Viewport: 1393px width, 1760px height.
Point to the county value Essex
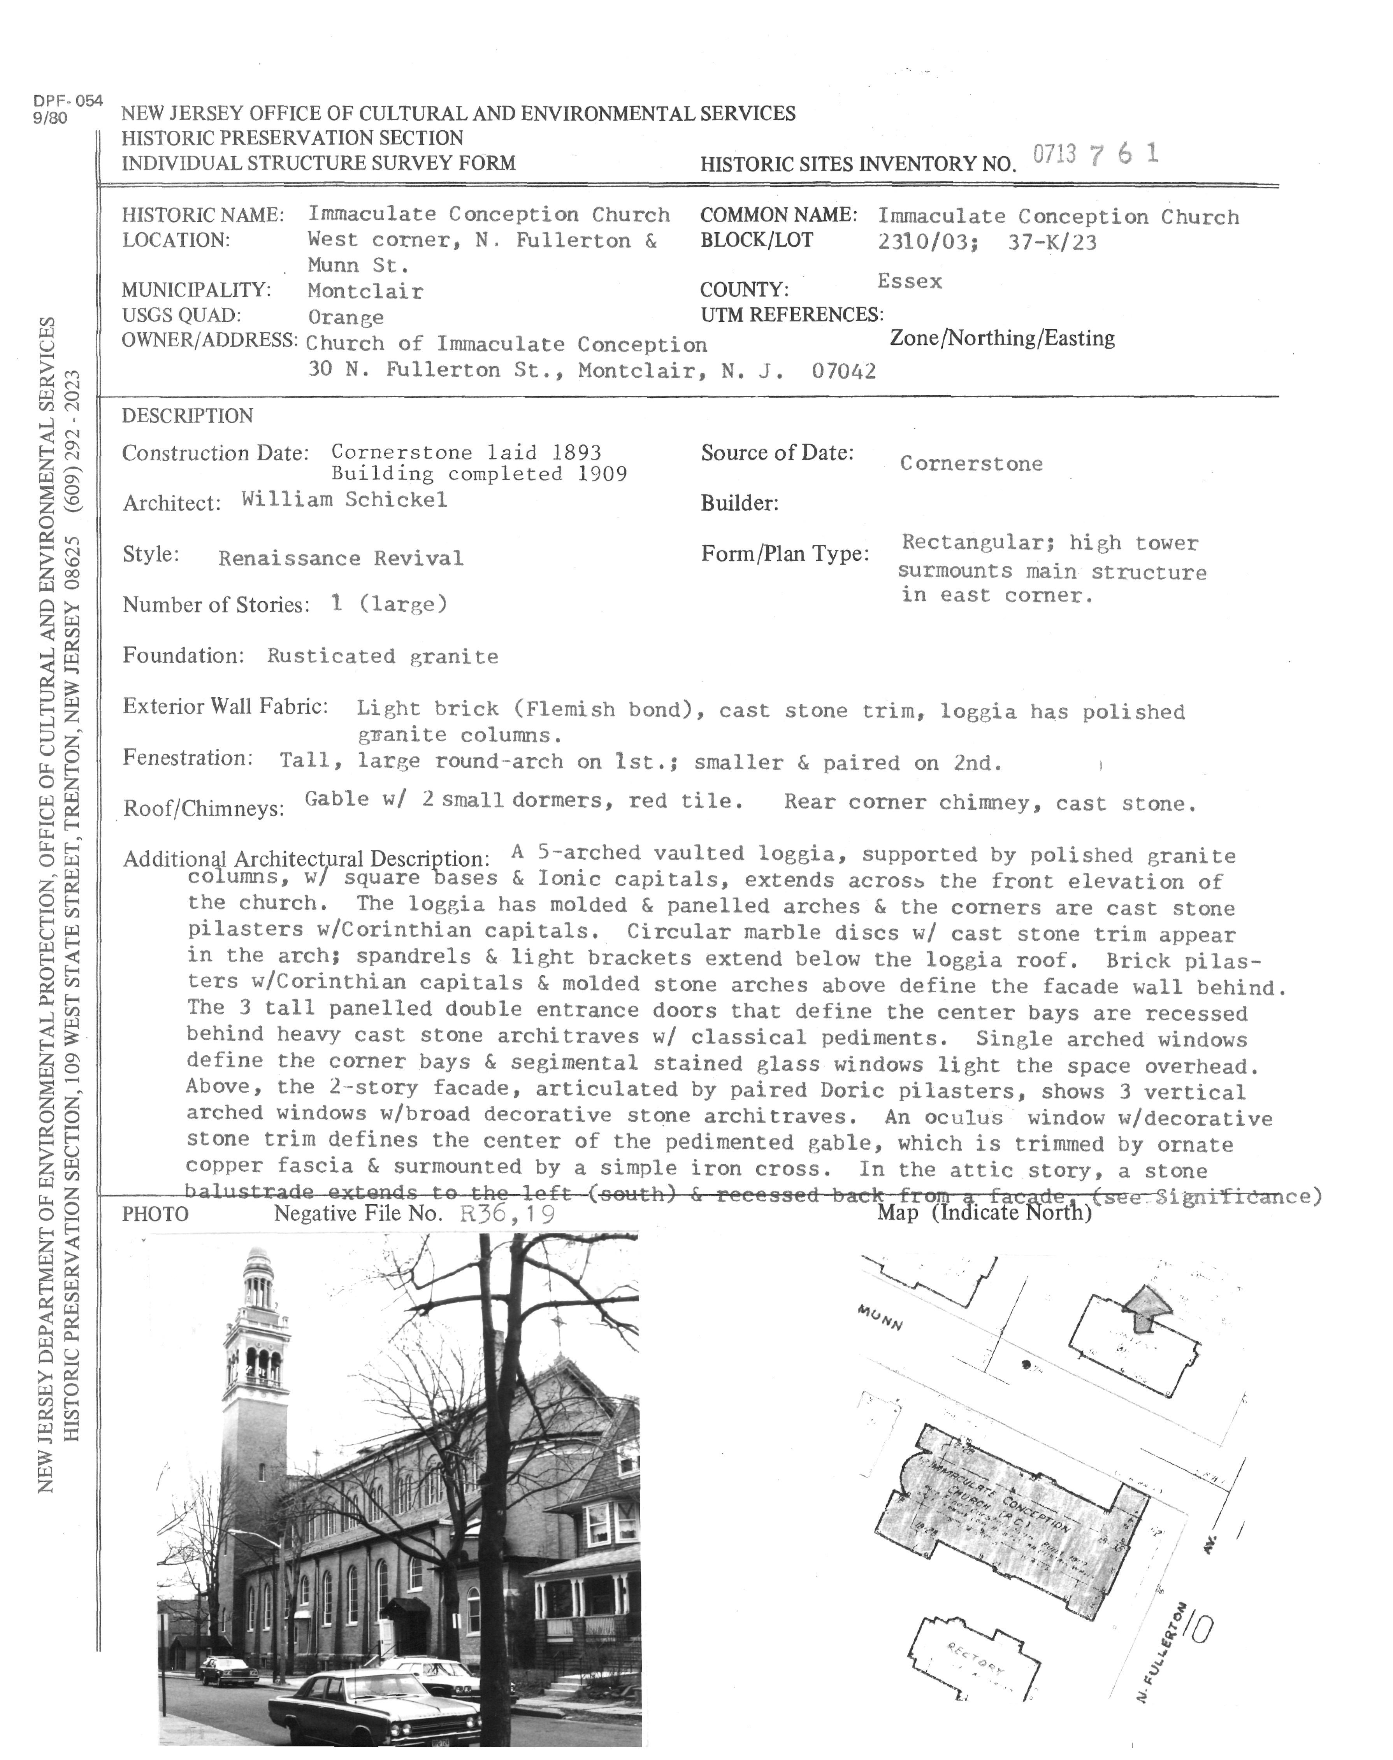[x=909, y=282]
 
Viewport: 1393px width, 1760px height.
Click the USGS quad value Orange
[x=346, y=317]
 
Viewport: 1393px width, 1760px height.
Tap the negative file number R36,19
[x=507, y=1214]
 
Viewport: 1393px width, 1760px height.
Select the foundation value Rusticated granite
[x=383, y=657]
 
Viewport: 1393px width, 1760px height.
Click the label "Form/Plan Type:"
[x=785, y=554]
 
